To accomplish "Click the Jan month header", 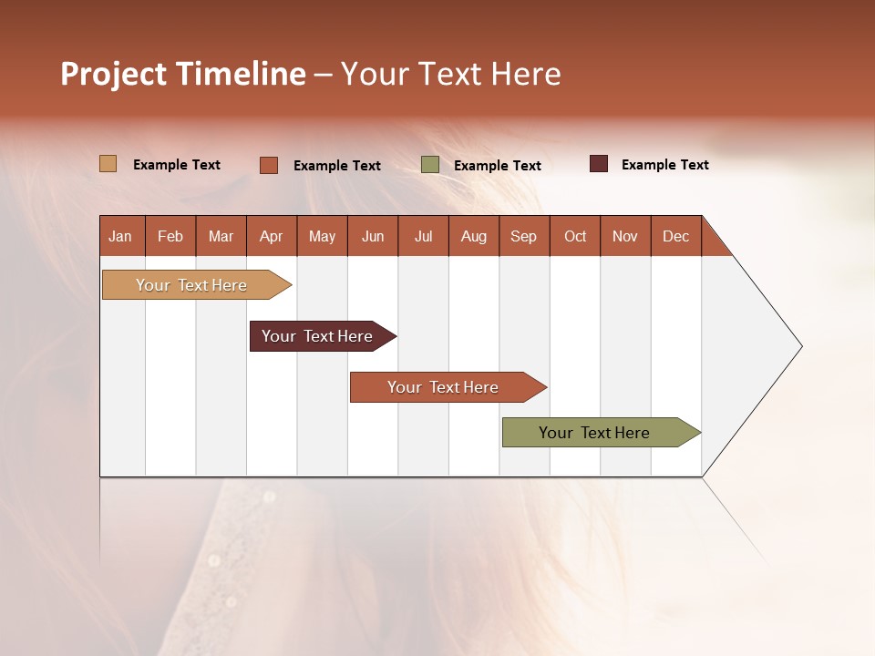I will click(x=121, y=236).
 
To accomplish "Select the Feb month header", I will click(x=170, y=236).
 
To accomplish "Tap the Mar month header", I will click(x=221, y=236).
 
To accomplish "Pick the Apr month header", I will click(x=272, y=236).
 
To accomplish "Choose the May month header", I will click(x=322, y=236).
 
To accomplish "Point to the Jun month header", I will click(x=373, y=236).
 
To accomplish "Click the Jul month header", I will click(x=423, y=236).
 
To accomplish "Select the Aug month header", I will click(x=474, y=236).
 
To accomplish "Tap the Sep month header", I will click(x=524, y=236).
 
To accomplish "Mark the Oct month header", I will click(x=575, y=236).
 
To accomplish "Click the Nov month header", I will click(x=625, y=236).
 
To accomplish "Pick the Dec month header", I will click(x=676, y=236).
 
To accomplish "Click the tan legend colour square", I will click(x=108, y=164).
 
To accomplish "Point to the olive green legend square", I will click(x=430, y=165).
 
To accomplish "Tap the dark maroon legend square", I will click(x=599, y=164).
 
